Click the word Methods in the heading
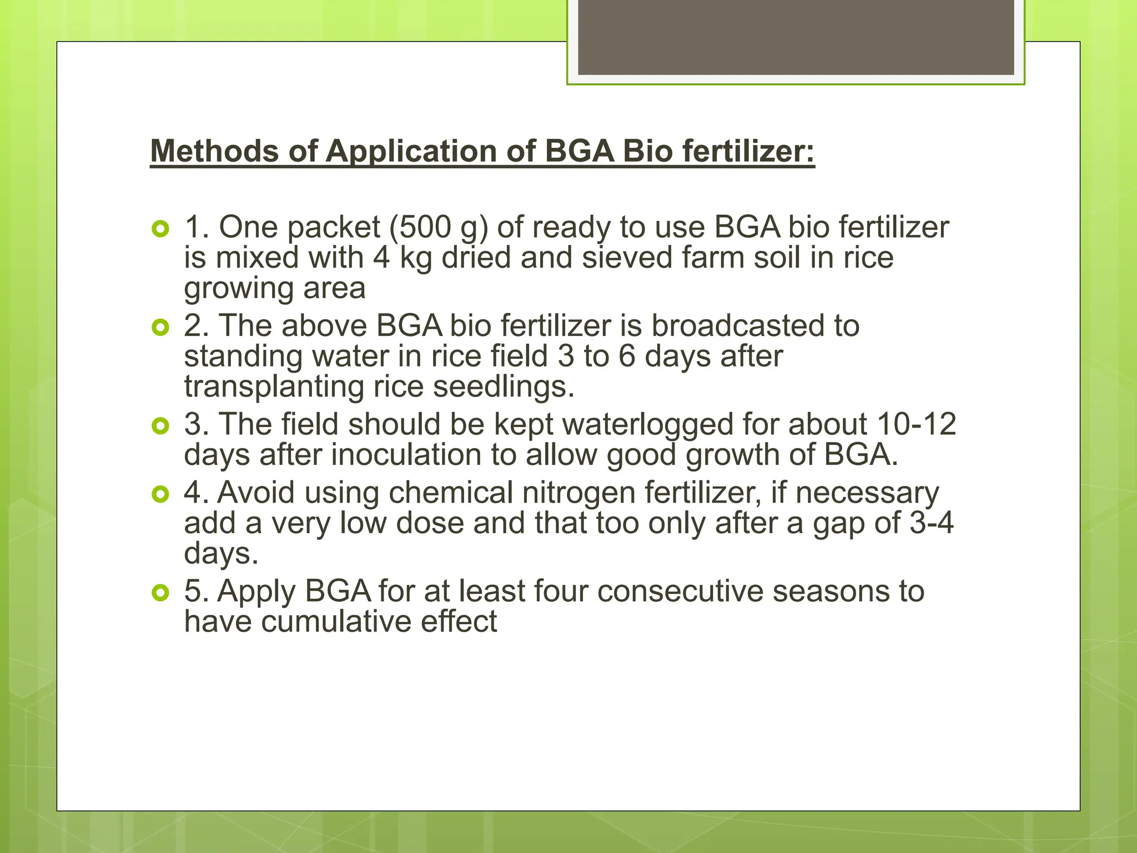point(215,151)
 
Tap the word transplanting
point(274,387)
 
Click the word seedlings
point(504,387)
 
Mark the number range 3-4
point(932,523)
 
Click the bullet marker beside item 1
point(160,228)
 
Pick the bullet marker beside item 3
point(160,426)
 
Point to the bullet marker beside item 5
point(160,593)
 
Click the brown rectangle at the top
point(796,37)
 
